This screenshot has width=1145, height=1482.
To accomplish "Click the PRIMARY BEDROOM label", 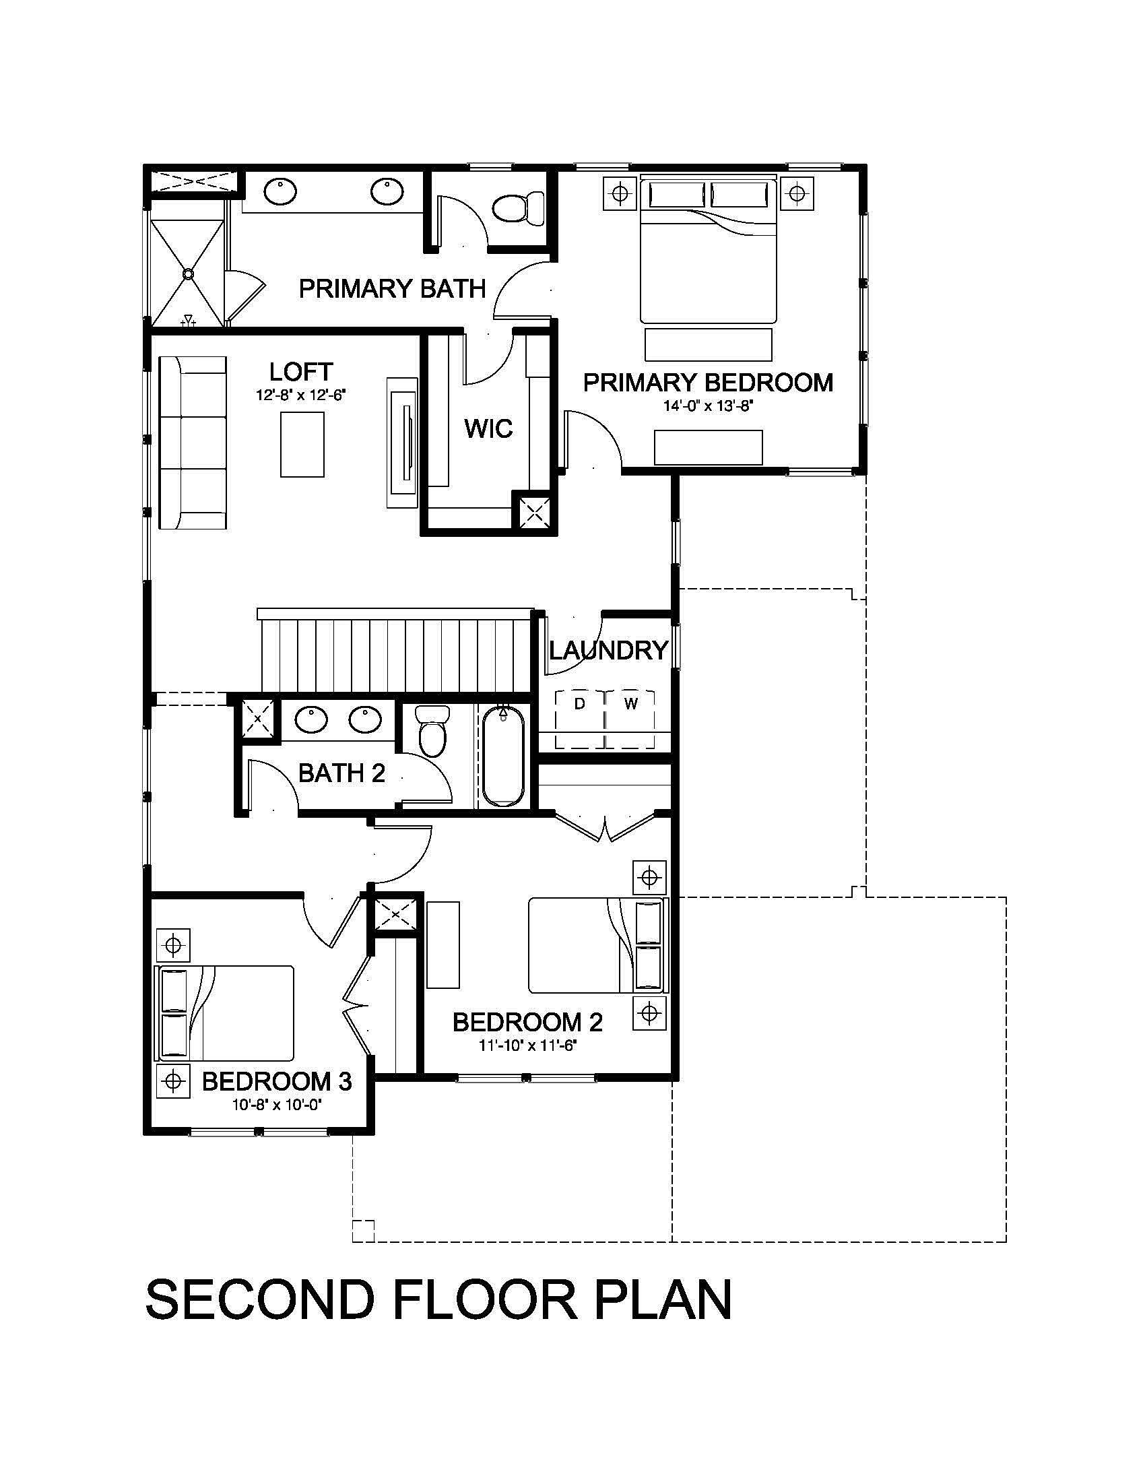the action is [x=708, y=383].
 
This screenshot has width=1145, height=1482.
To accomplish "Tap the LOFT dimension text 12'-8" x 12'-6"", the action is [x=301, y=395].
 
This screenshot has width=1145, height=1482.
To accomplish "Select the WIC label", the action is [x=488, y=429].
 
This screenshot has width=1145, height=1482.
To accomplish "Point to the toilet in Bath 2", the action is [x=433, y=730].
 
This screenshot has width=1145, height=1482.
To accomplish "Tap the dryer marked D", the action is [x=580, y=719].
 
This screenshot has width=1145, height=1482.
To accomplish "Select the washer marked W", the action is [x=631, y=719].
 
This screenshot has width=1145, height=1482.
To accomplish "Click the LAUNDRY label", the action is [x=608, y=651].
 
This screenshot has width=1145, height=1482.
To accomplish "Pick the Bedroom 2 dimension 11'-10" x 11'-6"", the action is [x=528, y=1045].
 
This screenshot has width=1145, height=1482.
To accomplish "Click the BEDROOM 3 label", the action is [x=277, y=1082].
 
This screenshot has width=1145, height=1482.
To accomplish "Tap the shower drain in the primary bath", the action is [x=188, y=273].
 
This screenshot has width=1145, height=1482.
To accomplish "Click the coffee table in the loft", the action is [x=302, y=445].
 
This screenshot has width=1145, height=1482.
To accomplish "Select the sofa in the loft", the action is [x=193, y=443].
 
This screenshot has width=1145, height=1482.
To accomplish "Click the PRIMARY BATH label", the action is [x=393, y=289].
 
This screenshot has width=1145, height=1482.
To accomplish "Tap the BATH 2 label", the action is [x=342, y=773].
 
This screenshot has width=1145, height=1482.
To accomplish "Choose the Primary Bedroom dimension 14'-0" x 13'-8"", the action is [x=709, y=406].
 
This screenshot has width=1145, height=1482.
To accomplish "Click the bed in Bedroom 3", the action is [x=225, y=1014].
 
